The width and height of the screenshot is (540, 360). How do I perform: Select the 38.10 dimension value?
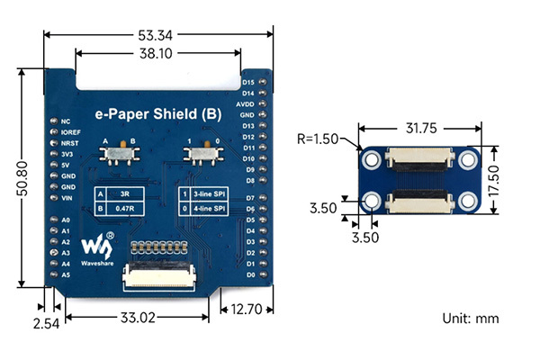coord(157,53)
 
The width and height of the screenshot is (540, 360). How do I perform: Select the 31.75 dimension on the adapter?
coord(421,129)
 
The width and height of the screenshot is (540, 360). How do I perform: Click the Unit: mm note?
coord(470,319)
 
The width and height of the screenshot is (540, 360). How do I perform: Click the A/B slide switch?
coord(118,157)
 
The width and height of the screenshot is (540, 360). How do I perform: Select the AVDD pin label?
coord(245,104)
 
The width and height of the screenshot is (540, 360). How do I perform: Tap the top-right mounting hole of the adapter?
coord(468,160)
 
